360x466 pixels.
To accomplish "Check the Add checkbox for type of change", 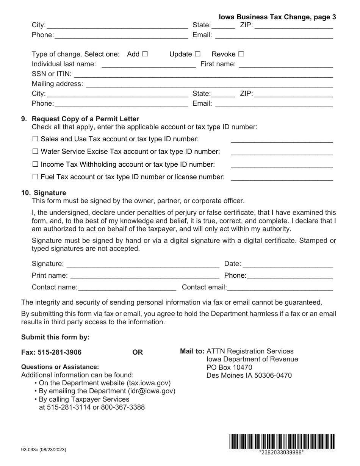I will (145, 54).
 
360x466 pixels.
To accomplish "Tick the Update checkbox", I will (197, 54).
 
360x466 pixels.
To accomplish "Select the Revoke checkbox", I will (241, 54).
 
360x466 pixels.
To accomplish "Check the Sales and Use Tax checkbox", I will (35, 139).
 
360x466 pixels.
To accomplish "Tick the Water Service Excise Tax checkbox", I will (35, 152).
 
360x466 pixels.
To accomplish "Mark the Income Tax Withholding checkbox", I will (35, 164).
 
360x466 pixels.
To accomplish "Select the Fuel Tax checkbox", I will (35, 177).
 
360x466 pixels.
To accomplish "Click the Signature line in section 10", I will (142, 264).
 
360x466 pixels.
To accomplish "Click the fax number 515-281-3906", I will (59, 352).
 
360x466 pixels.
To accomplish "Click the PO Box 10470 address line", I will (229, 367).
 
